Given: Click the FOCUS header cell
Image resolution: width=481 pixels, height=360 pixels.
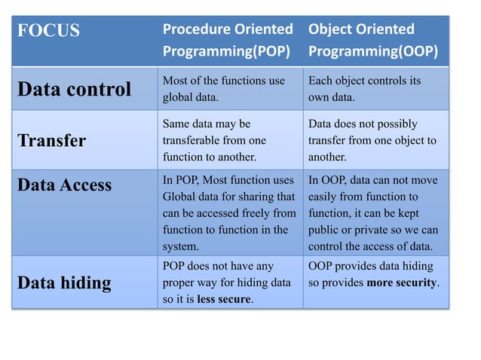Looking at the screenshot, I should pyautogui.click(x=48, y=32).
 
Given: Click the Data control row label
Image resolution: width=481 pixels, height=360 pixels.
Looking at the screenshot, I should pyautogui.click(x=74, y=90).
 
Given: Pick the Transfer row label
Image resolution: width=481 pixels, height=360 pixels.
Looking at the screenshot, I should pyautogui.click(x=51, y=141).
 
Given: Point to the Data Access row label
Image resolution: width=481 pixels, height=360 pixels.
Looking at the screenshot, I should pyautogui.click(x=64, y=185).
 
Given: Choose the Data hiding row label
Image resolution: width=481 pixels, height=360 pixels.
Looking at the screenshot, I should pyautogui.click(x=64, y=283).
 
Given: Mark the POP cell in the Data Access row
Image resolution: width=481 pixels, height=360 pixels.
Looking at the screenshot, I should pyautogui.click(x=228, y=213).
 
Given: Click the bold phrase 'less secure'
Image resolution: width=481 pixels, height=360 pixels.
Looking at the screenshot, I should pyautogui.click(x=224, y=300).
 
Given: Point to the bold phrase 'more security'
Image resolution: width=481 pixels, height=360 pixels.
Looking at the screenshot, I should pyautogui.click(x=402, y=283).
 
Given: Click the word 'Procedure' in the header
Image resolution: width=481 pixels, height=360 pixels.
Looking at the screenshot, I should pyautogui.click(x=193, y=30).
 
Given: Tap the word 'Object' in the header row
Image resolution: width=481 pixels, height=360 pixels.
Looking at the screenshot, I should pyautogui.click(x=328, y=30).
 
